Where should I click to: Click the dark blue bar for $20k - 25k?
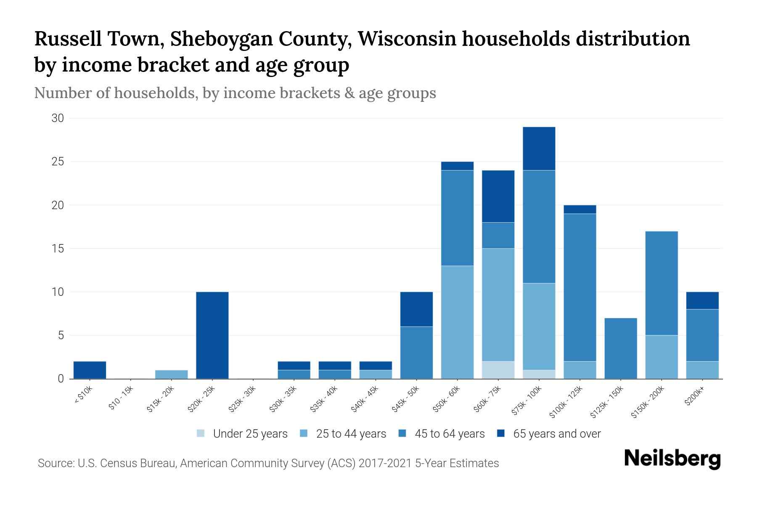212,335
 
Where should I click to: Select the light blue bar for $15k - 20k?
172,375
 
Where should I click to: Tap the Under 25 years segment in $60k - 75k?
498,370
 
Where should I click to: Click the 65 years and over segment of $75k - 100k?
539,149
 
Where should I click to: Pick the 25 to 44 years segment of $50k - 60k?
457,322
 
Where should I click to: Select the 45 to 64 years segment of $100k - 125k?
580,287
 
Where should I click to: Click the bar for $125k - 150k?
620,348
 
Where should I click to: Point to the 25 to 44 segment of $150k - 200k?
661,357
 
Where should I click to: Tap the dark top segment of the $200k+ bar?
702,300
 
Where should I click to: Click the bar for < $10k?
90,370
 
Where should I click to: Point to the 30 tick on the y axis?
58,118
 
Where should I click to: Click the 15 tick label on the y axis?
58,249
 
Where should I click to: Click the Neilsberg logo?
672,459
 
